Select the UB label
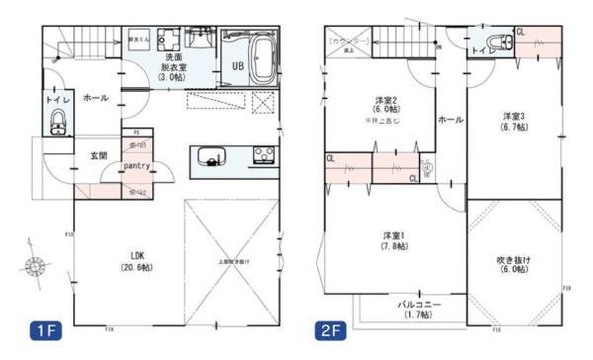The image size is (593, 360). pyautogui.click(x=237, y=66)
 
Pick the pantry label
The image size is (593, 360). pyautogui.click(x=136, y=166)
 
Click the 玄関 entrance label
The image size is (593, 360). pyautogui.click(x=99, y=155)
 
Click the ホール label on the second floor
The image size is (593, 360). pyautogui.click(x=451, y=119)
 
